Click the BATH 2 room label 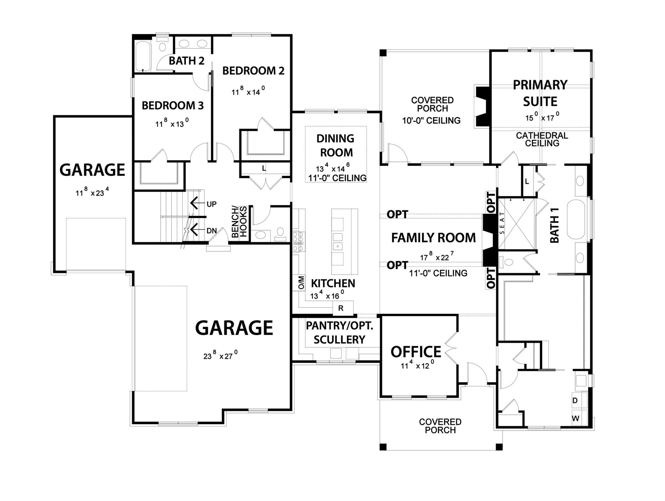[x=186, y=61]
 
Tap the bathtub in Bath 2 [x=143, y=56]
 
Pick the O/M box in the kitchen [x=301, y=283]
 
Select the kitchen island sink [x=338, y=246]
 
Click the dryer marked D [x=575, y=401]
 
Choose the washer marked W [x=576, y=418]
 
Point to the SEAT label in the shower [x=502, y=223]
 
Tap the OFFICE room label [x=416, y=352]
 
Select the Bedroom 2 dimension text [x=248, y=91]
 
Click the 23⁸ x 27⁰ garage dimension [x=220, y=355]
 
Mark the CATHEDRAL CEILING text [x=542, y=139]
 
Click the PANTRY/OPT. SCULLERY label [x=339, y=333]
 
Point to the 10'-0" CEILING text [x=431, y=121]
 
